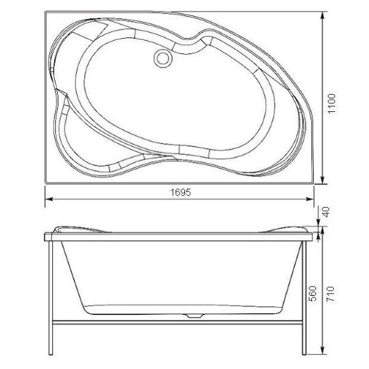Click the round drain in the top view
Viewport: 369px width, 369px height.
click(x=163, y=58)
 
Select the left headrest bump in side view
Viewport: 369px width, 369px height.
click(x=71, y=229)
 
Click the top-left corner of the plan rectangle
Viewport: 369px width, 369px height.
click(x=46, y=11)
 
